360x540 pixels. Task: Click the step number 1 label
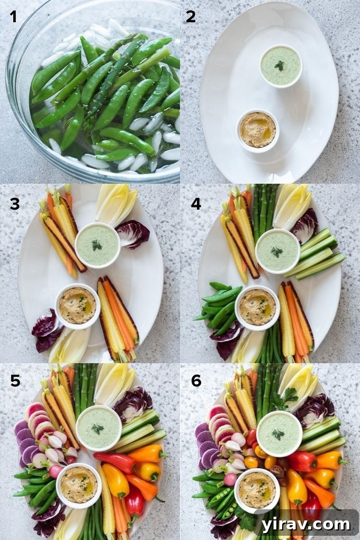[13, 17]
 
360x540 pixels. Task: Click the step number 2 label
[191, 17]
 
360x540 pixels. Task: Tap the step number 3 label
[14, 203]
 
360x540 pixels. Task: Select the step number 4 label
[196, 203]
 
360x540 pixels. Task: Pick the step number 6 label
[196, 381]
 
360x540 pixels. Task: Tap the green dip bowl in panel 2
[281, 66]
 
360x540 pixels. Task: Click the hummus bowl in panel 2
[258, 130]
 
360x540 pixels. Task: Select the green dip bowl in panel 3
[97, 245]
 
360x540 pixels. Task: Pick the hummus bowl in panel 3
[77, 306]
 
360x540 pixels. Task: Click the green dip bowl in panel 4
[277, 251]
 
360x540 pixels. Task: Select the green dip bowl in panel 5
[98, 428]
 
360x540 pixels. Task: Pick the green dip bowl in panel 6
[279, 434]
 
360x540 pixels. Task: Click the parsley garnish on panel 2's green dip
[280, 65]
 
